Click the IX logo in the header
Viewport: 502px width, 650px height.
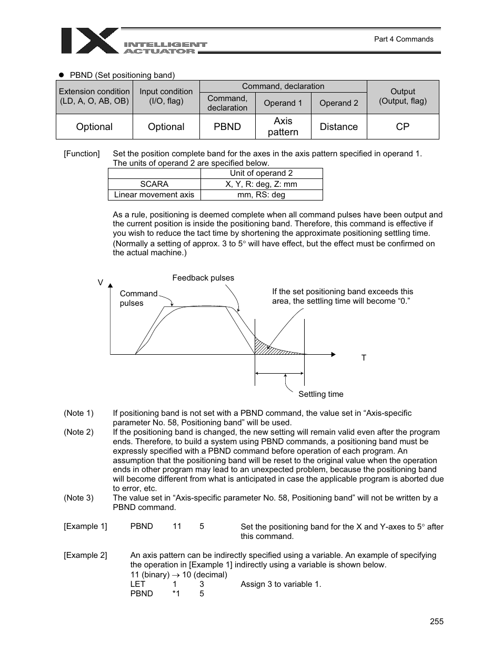click(x=89, y=41)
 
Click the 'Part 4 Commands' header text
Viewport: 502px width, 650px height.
click(x=403, y=39)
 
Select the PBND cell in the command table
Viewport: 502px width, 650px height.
click(x=227, y=127)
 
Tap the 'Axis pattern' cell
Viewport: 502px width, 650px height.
click(x=283, y=127)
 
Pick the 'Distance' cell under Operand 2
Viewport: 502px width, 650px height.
click(x=338, y=127)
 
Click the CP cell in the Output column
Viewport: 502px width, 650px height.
click(x=403, y=127)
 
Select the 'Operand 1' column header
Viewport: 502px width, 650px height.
click(x=283, y=103)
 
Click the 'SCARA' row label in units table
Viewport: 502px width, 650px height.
click(x=154, y=184)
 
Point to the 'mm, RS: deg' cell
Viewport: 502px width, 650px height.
click(x=261, y=195)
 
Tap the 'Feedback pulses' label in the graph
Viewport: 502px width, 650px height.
click(x=203, y=278)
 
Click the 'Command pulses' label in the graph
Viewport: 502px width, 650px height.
click(x=138, y=298)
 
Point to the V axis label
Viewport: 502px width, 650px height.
click(x=101, y=283)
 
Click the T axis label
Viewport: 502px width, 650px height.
click(x=364, y=358)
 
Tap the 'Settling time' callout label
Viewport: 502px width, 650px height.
click(x=320, y=394)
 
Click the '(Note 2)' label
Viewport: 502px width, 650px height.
click(x=78, y=432)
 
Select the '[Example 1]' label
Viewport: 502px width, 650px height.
click(x=85, y=526)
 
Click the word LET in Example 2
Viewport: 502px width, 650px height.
click(x=138, y=584)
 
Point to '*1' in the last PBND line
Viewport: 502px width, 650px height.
click(x=176, y=594)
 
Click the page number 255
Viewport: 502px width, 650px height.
click(x=436, y=622)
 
